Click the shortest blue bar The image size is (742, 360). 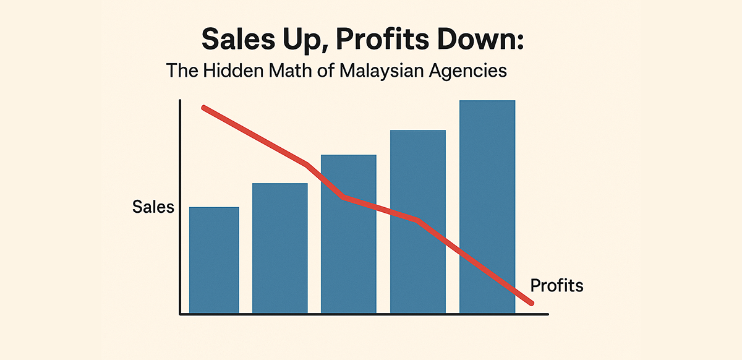coord(214,260)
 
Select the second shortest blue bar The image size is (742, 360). coord(280,247)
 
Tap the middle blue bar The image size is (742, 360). coord(349,247)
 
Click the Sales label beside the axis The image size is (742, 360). coord(153,207)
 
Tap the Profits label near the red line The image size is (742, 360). coord(556,286)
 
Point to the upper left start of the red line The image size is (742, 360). coord(205,108)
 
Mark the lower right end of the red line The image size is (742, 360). coord(531,302)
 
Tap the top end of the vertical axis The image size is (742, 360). coord(179,101)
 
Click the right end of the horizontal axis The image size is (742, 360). coord(547,314)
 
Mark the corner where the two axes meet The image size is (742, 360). coord(180,314)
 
